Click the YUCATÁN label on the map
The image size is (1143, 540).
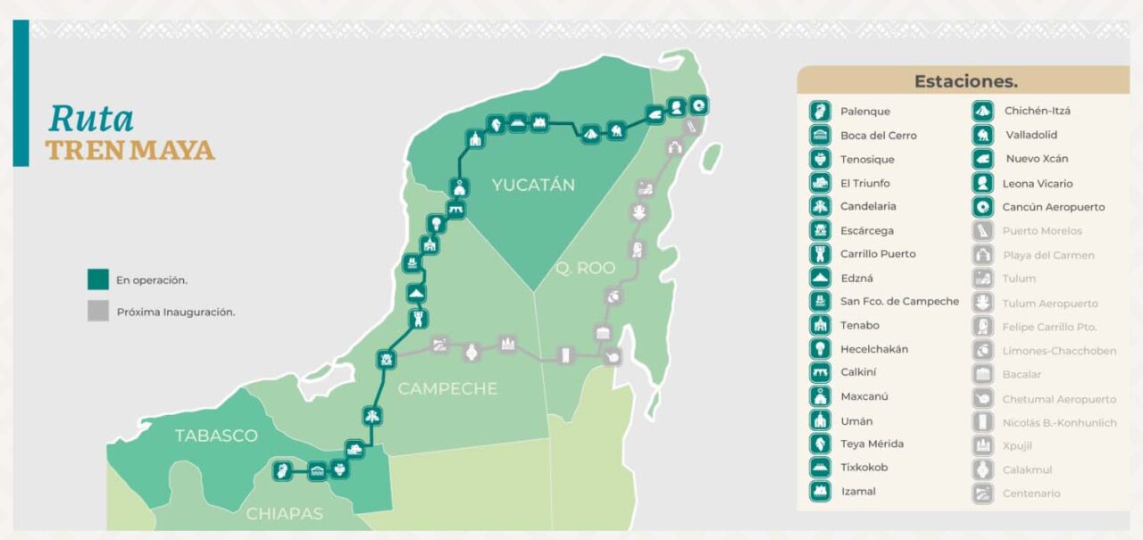[x=532, y=186]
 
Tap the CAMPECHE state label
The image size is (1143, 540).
[x=446, y=389]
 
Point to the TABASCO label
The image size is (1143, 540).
[x=216, y=436]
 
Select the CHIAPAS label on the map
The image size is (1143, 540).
[x=284, y=514]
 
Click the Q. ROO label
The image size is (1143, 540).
[x=585, y=268]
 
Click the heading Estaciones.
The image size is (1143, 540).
[x=965, y=81]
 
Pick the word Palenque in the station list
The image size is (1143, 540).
[x=864, y=112]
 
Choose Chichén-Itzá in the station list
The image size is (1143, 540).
[x=1037, y=112]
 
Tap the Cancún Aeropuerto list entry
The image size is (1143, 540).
[x=1055, y=207]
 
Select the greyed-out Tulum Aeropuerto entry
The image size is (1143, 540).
[x=1049, y=303]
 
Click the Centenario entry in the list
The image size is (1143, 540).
[x=1031, y=494]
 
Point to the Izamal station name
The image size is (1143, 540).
[x=857, y=492]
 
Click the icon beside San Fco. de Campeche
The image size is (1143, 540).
[x=820, y=302]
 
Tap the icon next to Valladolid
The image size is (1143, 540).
[x=982, y=136]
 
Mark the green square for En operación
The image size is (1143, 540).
[x=98, y=279]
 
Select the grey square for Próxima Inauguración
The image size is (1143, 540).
[x=98, y=312]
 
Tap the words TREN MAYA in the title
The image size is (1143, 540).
[x=130, y=151]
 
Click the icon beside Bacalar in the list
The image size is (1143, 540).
[x=982, y=375]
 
